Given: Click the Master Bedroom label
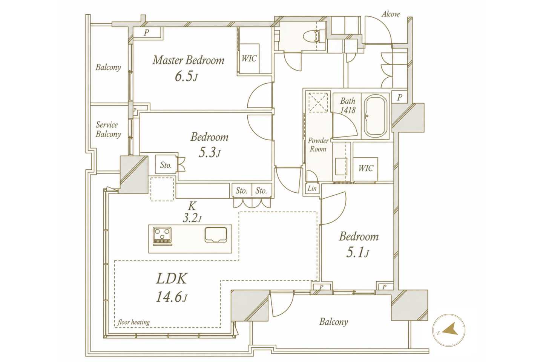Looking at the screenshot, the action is (x=189, y=60).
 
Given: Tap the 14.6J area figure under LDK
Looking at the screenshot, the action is (x=171, y=297).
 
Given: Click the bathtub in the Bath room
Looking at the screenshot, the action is (x=376, y=116).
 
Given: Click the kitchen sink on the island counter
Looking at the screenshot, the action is (x=216, y=235).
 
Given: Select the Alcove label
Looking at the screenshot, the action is (x=391, y=14).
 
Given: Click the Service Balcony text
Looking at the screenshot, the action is (x=108, y=129).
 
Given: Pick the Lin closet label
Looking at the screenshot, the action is (x=312, y=188).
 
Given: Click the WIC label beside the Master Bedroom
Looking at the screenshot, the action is (x=249, y=58).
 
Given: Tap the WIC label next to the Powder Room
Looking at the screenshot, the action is (x=365, y=168).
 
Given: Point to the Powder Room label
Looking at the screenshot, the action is (x=318, y=145).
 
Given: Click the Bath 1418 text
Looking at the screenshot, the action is (x=348, y=106).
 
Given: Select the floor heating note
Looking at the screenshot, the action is (x=133, y=322).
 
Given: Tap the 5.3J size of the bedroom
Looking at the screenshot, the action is (x=209, y=153).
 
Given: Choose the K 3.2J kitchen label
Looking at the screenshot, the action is (x=192, y=212).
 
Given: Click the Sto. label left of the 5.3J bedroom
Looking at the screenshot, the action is (x=166, y=165).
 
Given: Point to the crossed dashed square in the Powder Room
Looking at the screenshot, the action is (x=318, y=102).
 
